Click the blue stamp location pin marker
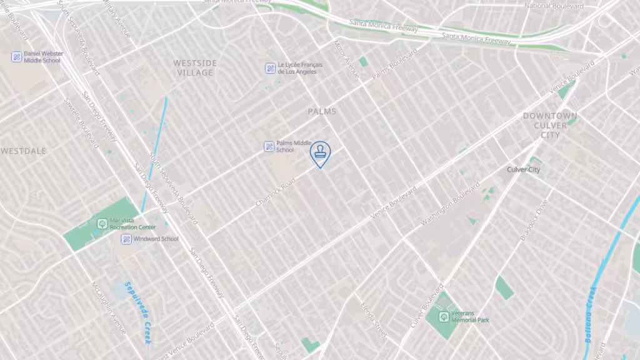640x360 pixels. (x=320, y=153)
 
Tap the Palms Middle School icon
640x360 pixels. (x=269, y=146)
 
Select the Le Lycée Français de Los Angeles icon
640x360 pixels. (x=270, y=68)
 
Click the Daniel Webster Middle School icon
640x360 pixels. (x=17, y=57)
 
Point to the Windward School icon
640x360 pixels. (x=126, y=239)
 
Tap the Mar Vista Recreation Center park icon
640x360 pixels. (x=102, y=223)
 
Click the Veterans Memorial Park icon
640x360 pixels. (x=444, y=316)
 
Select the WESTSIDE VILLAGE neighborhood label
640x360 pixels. (x=194, y=67)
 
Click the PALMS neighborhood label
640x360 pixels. (x=322, y=112)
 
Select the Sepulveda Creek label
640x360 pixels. (x=137, y=311)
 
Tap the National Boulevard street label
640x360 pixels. (x=554, y=6)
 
